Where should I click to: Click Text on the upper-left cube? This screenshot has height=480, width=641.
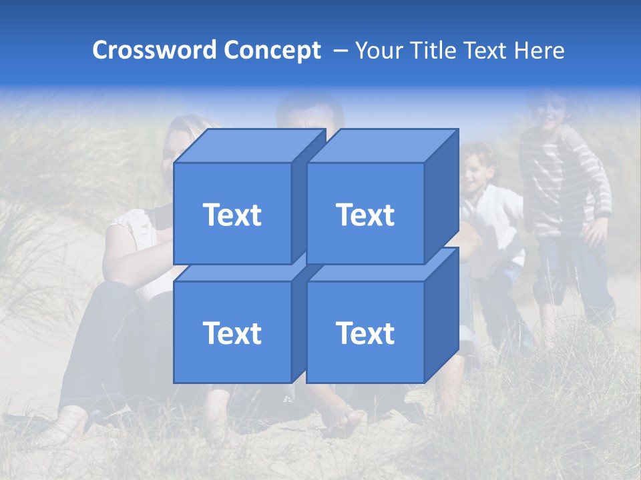232,215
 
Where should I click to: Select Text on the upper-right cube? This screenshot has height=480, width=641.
365,215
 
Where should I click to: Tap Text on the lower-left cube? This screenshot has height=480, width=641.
232,333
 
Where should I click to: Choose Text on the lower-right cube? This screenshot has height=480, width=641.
365,333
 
